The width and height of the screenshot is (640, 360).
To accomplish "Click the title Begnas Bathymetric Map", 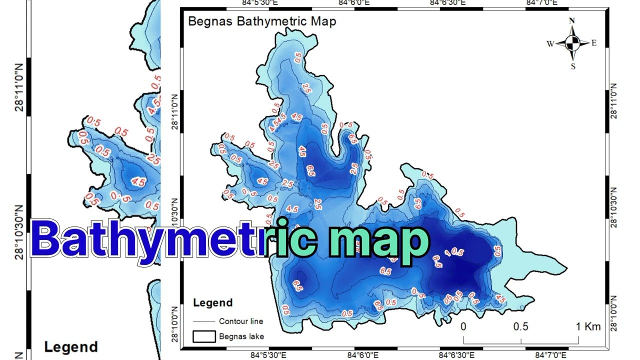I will pos(261,21).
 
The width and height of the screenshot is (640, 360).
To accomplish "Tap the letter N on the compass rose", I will pos(572,20).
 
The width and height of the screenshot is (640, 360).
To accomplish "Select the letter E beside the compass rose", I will pos(594,43).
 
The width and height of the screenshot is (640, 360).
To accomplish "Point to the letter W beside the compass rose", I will pos(550,44).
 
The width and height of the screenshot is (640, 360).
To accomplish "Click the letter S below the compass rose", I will pos(573,66).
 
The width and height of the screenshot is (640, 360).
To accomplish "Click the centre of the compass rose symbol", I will pos(572,43).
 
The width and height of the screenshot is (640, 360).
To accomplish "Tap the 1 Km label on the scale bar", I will pos(587,327).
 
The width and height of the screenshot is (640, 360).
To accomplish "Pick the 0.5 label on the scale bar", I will pos(520,327).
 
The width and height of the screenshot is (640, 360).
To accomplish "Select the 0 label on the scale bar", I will pos(463,327).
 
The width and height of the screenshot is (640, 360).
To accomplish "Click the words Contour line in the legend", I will pos(241,321).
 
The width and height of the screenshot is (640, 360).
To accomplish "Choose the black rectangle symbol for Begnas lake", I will pos(204,336).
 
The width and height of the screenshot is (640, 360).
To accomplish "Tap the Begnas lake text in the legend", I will pos(241,336).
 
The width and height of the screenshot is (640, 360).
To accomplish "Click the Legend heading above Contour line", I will pos(213,303).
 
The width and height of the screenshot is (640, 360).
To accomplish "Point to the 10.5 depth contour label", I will pos(454,251).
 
